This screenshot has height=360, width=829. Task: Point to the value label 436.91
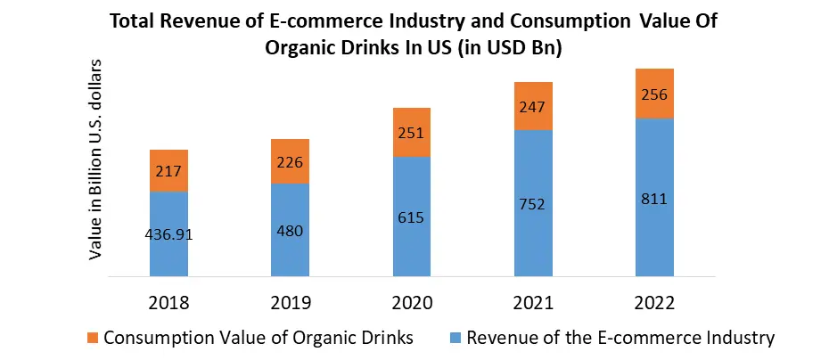coord(168,234)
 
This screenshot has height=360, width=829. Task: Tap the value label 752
coord(532,204)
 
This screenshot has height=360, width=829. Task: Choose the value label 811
coord(653,198)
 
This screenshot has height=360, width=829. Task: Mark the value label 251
coord(411,133)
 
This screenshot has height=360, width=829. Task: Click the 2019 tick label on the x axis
coord(290,302)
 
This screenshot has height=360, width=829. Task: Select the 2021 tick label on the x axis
coord(532,302)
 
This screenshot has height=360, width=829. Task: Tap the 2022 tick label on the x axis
coord(653,302)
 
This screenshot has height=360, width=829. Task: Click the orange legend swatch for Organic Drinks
coord(94,339)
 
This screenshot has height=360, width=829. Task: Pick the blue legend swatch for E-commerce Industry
coord(456,339)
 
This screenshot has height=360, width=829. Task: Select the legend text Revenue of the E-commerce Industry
coord(620,338)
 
